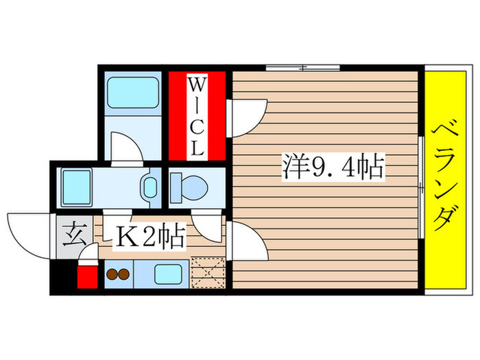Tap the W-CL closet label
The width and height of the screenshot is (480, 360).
click(x=197, y=117)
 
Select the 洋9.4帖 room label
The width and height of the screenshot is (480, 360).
click(x=332, y=167)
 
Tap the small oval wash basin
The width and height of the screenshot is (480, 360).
click(x=149, y=187)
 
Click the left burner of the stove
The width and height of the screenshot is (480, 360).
click(x=112, y=275)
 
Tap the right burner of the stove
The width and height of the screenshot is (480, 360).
click(x=124, y=275)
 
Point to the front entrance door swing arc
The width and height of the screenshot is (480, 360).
click(x=27, y=230)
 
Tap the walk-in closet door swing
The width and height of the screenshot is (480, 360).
click(x=247, y=117)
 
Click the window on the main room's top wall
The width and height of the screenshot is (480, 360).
click(x=302, y=67)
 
